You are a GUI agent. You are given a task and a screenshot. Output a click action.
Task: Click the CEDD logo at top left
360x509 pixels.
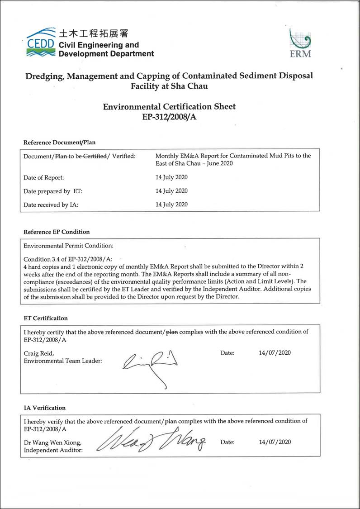(x=41, y=43)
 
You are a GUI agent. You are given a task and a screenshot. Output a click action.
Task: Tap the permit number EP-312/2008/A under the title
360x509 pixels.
(x=169, y=117)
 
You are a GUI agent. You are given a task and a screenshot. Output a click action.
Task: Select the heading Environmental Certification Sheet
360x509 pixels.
(x=169, y=107)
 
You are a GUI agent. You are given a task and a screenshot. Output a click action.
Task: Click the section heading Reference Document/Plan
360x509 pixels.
(x=59, y=143)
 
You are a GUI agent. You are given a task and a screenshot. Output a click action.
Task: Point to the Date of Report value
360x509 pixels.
(x=171, y=177)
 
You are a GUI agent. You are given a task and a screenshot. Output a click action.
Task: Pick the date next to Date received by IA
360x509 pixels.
(x=171, y=205)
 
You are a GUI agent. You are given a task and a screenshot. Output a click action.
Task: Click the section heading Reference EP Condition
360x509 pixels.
(x=57, y=232)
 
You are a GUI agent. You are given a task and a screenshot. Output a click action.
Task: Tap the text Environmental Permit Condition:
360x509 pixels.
(x=68, y=246)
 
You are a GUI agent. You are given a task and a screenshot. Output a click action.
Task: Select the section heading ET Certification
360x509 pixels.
(x=45, y=319)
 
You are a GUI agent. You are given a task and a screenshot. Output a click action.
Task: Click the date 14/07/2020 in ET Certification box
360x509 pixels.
(x=272, y=353)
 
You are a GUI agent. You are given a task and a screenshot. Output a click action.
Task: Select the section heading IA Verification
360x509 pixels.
(x=44, y=408)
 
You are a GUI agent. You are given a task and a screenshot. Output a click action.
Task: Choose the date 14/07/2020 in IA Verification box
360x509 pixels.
(x=275, y=442)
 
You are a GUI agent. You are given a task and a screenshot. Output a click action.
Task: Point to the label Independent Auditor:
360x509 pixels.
(x=53, y=450)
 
